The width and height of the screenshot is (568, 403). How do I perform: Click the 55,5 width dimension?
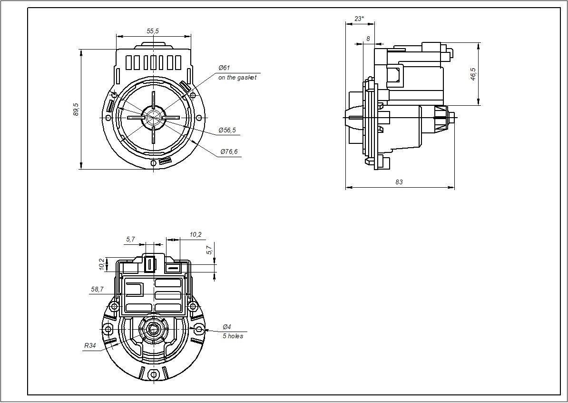[x=153, y=31]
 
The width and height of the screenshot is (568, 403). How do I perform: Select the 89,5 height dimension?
[x=76, y=109]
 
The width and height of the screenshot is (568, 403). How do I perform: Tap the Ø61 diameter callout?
[x=224, y=68]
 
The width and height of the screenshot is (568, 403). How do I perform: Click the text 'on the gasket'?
[x=237, y=77]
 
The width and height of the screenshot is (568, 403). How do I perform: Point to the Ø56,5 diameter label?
[x=227, y=130]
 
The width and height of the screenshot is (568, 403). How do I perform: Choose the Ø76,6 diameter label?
[x=229, y=151]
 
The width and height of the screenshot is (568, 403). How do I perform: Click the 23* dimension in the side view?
[x=360, y=19]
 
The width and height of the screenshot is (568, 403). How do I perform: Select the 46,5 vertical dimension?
[x=473, y=74]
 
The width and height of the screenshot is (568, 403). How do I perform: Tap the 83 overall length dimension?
[x=399, y=182]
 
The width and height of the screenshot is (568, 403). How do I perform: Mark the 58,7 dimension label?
[x=97, y=289]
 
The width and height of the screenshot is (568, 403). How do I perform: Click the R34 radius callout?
[x=90, y=345]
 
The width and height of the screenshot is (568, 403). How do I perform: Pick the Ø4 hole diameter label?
[x=227, y=327]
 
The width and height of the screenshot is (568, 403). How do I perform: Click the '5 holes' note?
[x=233, y=336]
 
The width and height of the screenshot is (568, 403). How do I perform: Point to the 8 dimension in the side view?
[x=368, y=39]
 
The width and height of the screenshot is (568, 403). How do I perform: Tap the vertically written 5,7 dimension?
[x=209, y=250]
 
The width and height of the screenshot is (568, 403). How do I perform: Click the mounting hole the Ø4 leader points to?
[x=199, y=329]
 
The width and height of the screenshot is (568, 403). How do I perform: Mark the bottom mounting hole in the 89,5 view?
[x=153, y=163]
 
